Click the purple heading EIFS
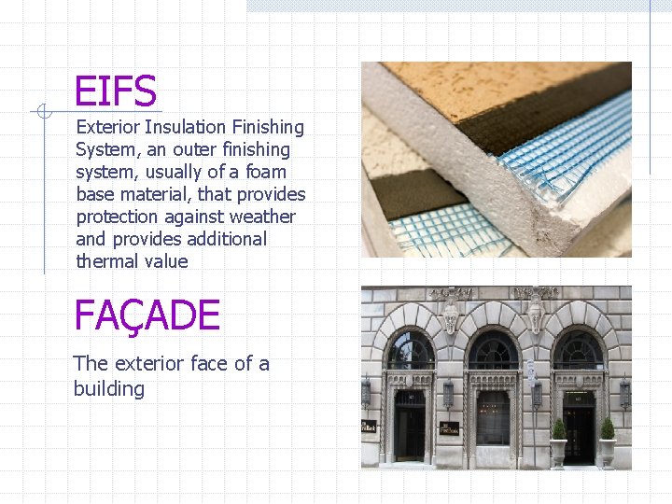pos(115,92)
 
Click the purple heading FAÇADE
pos(147,316)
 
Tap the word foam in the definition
pos(265,172)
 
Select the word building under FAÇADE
pos(109,388)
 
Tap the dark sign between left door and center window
pos(449,427)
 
